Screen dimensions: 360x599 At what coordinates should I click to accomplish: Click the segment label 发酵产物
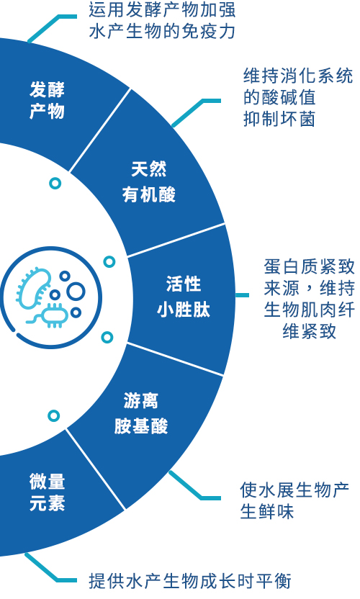(47, 101)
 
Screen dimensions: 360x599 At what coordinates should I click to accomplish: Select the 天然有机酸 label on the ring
(148, 182)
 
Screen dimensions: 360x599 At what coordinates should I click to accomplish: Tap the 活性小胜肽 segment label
(184, 297)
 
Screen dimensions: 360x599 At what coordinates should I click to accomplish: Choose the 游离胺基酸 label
(141, 414)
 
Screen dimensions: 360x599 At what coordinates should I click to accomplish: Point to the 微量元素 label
(47, 492)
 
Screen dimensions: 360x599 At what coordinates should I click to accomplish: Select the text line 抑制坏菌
(279, 120)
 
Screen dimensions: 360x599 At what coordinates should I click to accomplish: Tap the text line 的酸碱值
(279, 97)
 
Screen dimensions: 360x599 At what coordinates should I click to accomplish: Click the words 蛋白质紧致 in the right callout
(309, 266)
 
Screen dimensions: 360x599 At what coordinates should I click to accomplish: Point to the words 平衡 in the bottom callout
(274, 582)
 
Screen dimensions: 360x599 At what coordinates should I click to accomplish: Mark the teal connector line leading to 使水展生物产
(194, 485)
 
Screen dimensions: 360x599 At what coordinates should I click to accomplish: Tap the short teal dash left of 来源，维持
(242, 295)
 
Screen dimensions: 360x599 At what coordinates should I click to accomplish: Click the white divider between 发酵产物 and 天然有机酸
(100, 130)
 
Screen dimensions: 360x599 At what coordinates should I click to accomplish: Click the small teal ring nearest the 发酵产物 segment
(55, 184)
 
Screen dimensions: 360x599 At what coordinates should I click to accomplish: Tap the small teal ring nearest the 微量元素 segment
(54, 415)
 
